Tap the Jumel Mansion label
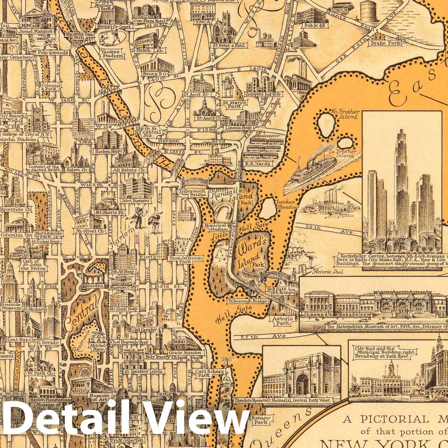[36, 32]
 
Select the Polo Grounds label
[54, 53]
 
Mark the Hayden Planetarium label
[44, 400]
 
